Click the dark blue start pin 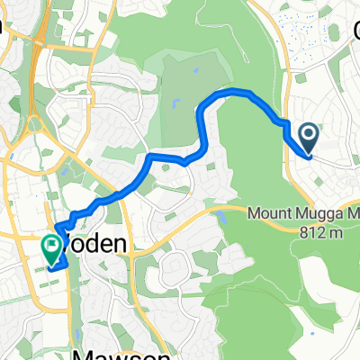click(x=308, y=138)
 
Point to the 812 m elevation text click(x=319, y=231)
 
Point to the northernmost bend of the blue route click(x=236, y=92)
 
